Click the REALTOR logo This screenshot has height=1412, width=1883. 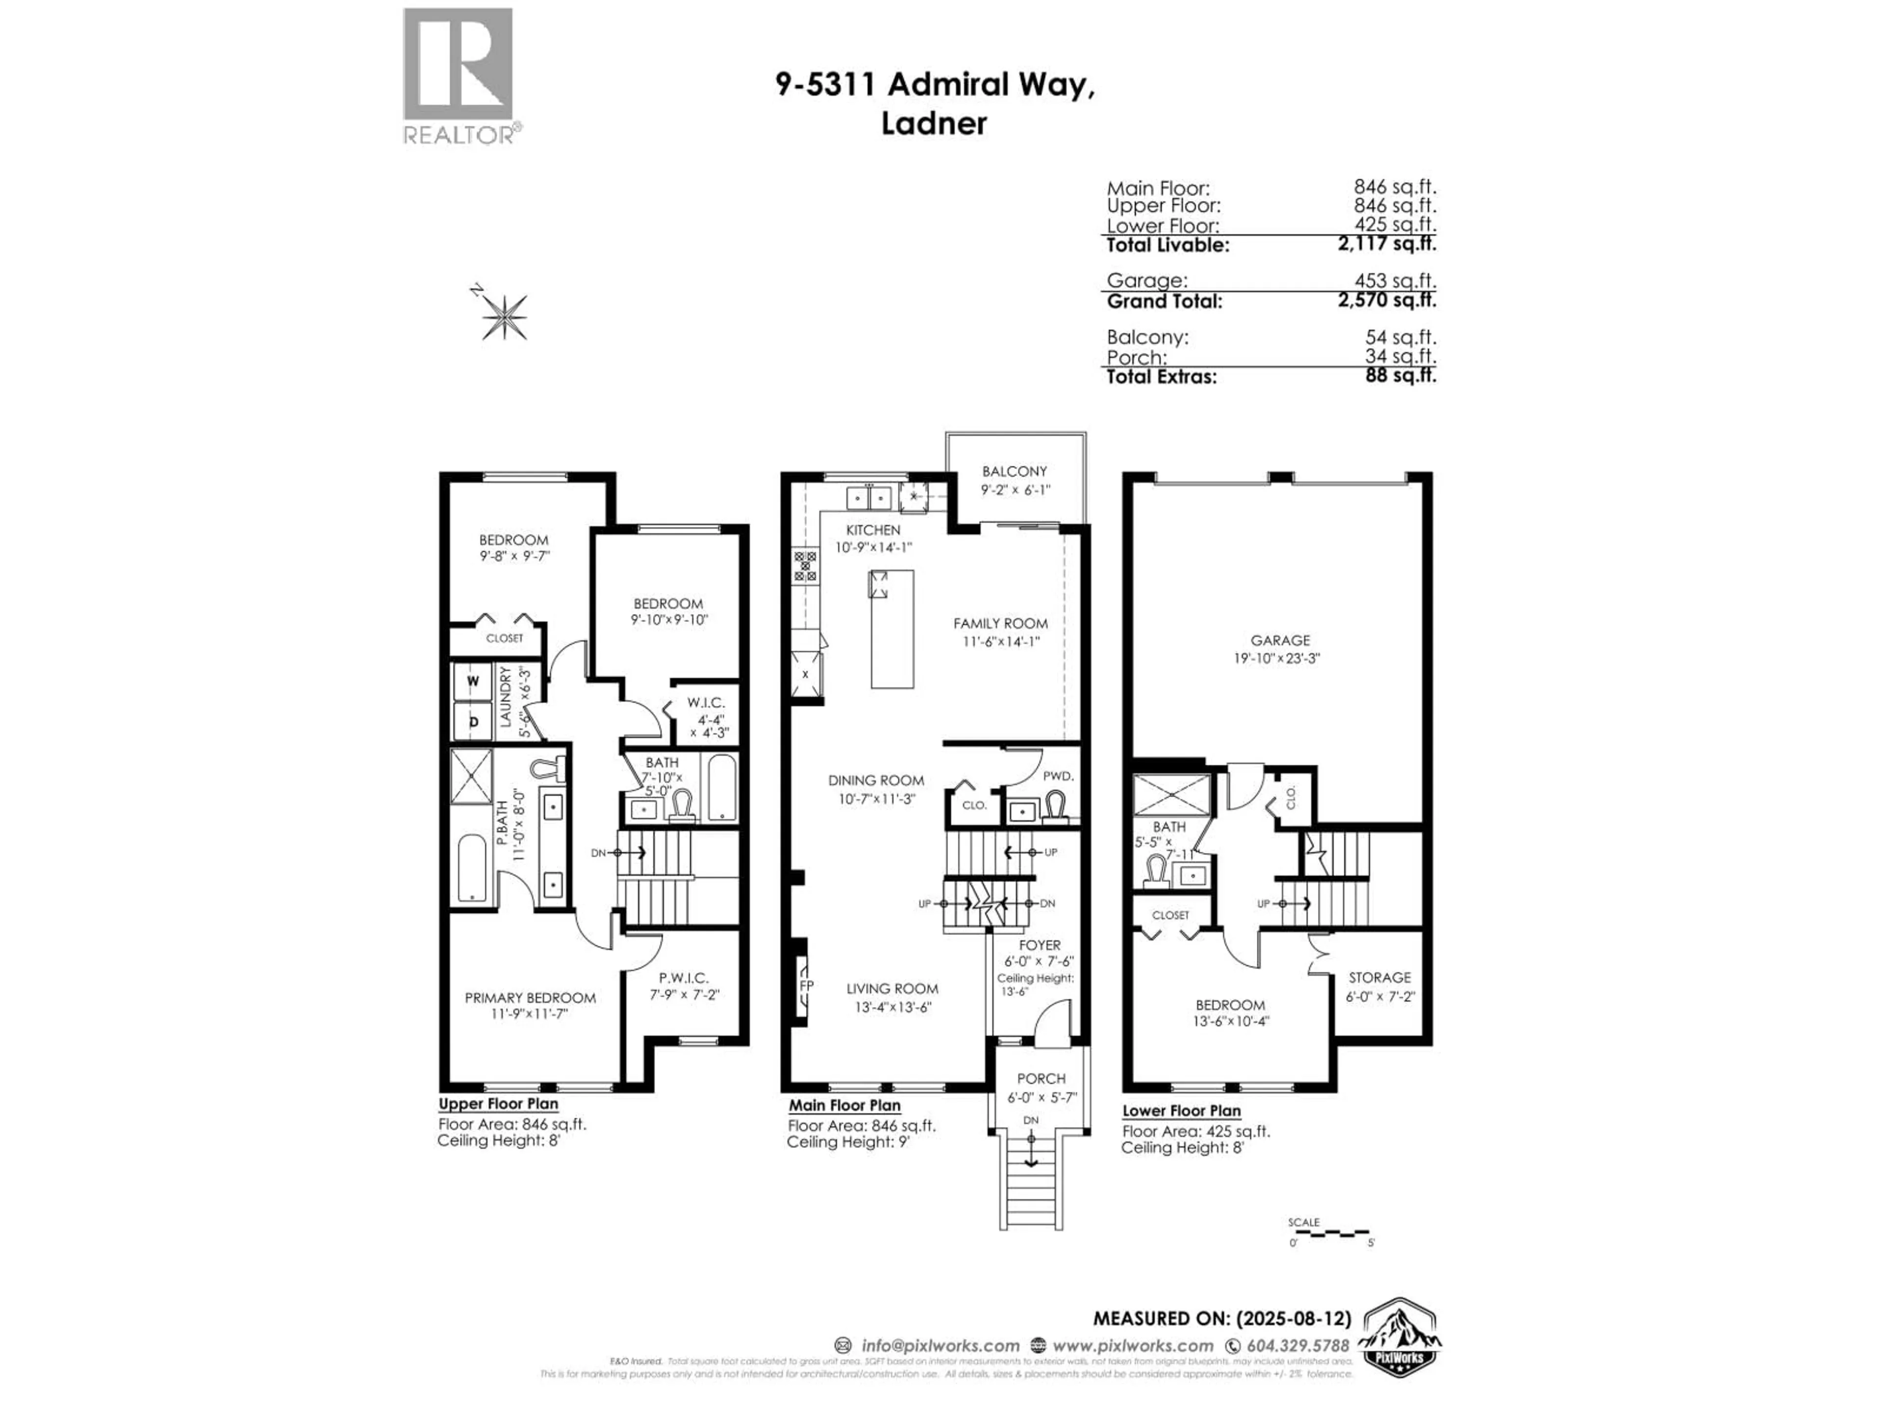[x=458, y=76]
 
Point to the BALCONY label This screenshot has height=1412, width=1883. [x=1014, y=471]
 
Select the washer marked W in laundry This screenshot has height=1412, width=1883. [x=473, y=681]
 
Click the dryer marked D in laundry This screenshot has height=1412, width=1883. [x=473, y=721]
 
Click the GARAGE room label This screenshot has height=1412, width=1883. [x=1279, y=640]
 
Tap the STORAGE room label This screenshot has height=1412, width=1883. [x=1379, y=977]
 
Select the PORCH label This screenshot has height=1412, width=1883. [x=1040, y=1078]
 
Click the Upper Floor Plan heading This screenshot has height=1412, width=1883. [x=498, y=1104]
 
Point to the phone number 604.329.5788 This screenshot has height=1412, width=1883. [x=1298, y=1346]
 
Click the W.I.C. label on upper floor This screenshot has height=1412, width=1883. [x=706, y=702]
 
